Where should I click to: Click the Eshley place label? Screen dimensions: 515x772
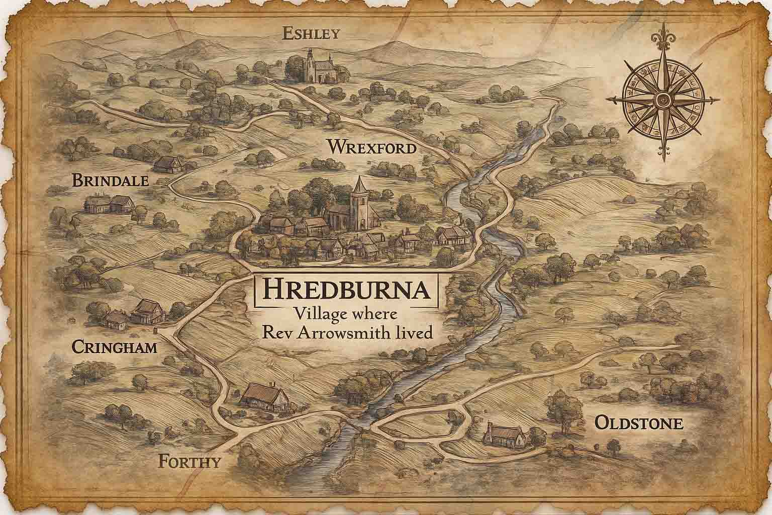(312, 34)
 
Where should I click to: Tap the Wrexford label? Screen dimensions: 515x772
(371, 148)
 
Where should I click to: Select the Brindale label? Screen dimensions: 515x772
(111, 180)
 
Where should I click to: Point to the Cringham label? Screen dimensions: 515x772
(115, 347)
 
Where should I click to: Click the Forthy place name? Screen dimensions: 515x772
(189, 461)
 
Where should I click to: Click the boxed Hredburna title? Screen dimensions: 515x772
(347, 290)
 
